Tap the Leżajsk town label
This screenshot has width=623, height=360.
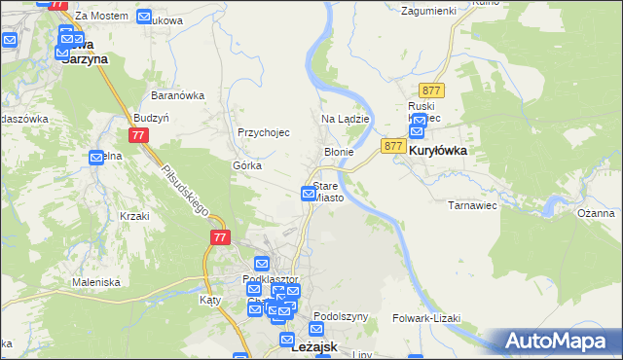pos(314,347)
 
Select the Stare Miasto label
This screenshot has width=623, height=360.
pos(328,192)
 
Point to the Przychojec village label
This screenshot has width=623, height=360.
pos(264,132)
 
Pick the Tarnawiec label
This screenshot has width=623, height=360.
pos(472,205)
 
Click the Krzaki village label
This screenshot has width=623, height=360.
pos(134,215)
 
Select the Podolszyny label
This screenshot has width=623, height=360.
pos(342,316)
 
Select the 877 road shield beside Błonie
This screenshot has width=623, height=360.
pos(393,146)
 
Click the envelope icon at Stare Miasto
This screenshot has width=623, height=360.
pos(309,194)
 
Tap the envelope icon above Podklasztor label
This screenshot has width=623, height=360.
pos(261,263)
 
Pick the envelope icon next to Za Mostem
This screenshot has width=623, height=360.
pos(144,17)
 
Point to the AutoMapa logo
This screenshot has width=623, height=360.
pos(559,340)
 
